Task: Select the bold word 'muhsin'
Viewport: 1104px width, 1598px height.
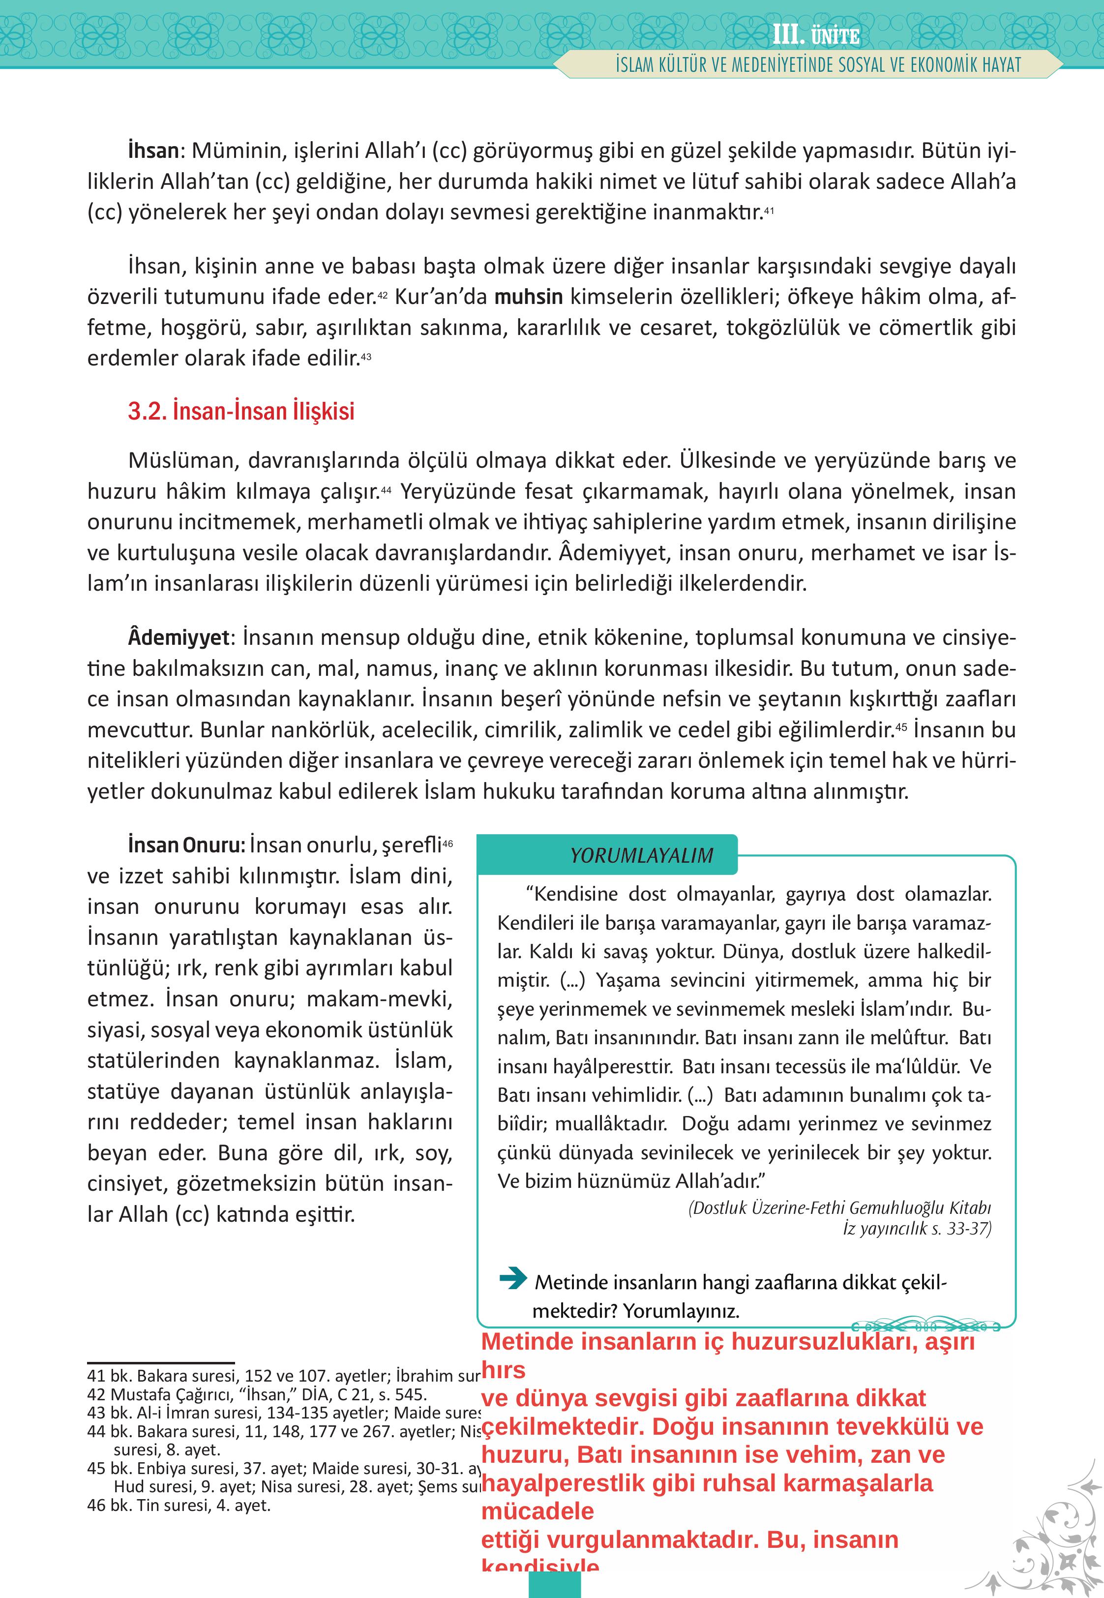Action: coord(529,297)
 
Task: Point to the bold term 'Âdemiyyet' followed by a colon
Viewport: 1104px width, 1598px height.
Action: coord(179,637)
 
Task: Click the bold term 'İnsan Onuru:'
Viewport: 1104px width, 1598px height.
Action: coord(186,844)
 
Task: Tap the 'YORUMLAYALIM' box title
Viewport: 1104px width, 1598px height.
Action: coord(641,856)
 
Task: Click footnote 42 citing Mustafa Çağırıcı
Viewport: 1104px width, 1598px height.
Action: coord(257,1394)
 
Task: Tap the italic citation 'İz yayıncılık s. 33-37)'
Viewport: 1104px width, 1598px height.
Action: coord(917,1229)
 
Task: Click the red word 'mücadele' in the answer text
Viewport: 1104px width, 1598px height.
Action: coord(537,1511)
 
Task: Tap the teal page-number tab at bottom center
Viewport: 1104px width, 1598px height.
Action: coord(554,1585)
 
